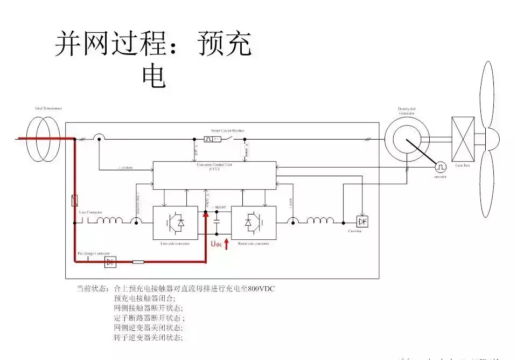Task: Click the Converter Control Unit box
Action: (214, 175)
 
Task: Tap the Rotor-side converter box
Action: (254, 222)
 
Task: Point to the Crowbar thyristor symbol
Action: (362, 221)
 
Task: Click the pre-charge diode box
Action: (110, 262)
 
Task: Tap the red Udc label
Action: (216, 245)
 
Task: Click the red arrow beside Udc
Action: (226, 244)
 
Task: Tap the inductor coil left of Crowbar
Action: (320, 221)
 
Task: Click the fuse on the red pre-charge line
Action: (138, 262)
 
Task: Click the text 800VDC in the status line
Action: (261, 288)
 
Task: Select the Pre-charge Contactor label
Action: (93, 253)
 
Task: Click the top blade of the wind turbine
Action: (486, 94)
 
